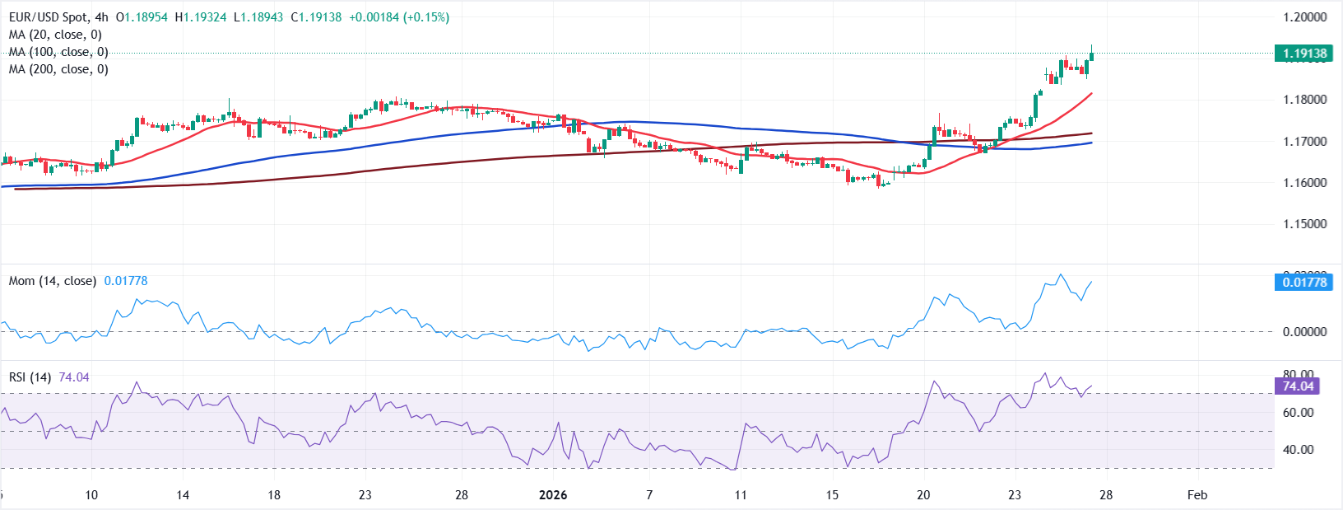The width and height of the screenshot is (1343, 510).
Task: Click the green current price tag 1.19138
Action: point(1304,54)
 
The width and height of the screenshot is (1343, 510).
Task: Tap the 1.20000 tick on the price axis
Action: point(1305,17)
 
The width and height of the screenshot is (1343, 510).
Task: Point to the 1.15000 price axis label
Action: point(1305,224)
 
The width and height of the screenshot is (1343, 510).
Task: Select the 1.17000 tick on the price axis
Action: point(1305,142)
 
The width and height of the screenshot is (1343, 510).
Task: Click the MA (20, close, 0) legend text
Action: point(55,35)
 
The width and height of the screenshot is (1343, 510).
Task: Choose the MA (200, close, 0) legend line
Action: point(58,69)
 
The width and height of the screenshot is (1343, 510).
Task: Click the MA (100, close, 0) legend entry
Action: point(58,52)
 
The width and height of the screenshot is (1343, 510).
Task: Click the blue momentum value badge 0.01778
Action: point(1304,282)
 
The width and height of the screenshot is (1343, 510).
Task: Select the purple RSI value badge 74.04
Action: point(1298,386)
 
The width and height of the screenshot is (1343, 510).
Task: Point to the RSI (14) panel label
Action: point(30,377)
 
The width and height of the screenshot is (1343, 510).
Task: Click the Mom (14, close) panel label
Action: point(52,281)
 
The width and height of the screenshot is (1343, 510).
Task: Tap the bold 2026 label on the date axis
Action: point(553,495)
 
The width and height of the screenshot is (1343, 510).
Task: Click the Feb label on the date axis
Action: point(1197,495)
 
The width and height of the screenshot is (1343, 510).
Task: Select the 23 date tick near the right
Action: point(1015,495)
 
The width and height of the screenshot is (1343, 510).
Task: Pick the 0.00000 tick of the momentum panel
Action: point(1305,332)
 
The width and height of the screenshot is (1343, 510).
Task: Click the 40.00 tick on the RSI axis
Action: point(1299,450)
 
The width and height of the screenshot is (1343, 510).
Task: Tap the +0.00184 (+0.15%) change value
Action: point(399,17)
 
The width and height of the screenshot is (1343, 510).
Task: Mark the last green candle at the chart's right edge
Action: point(1091,55)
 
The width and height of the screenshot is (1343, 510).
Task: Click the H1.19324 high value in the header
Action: point(200,17)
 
